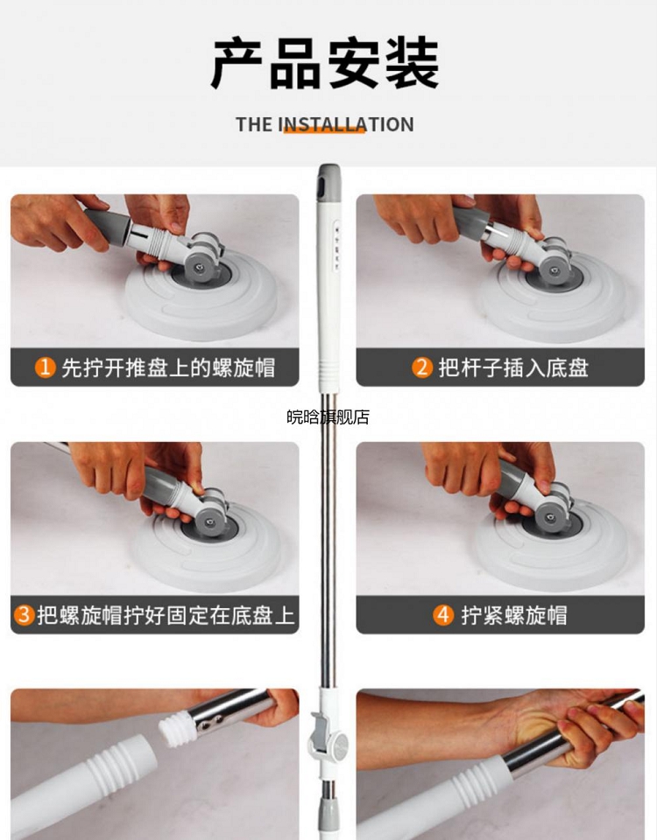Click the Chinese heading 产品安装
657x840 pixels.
(x=325, y=63)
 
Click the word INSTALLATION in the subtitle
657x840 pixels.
(x=346, y=124)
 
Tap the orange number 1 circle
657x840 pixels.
(x=45, y=367)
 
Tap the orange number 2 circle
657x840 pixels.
(x=422, y=367)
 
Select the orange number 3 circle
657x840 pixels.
(x=24, y=614)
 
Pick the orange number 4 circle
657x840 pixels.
(x=443, y=614)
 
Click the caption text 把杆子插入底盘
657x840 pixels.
(x=514, y=367)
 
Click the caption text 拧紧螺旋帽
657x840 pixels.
(x=514, y=615)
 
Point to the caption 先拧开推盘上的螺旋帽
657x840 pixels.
(x=168, y=367)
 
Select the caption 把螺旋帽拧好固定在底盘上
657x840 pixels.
(x=166, y=615)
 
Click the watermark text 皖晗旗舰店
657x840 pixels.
(x=328, y=416)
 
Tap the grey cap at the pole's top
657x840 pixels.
(x=328, y=183)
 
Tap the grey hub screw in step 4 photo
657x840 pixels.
(x=550, y=517)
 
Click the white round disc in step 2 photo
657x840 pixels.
(x=554, y=297)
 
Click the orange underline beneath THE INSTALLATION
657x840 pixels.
(x=324, y=129)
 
